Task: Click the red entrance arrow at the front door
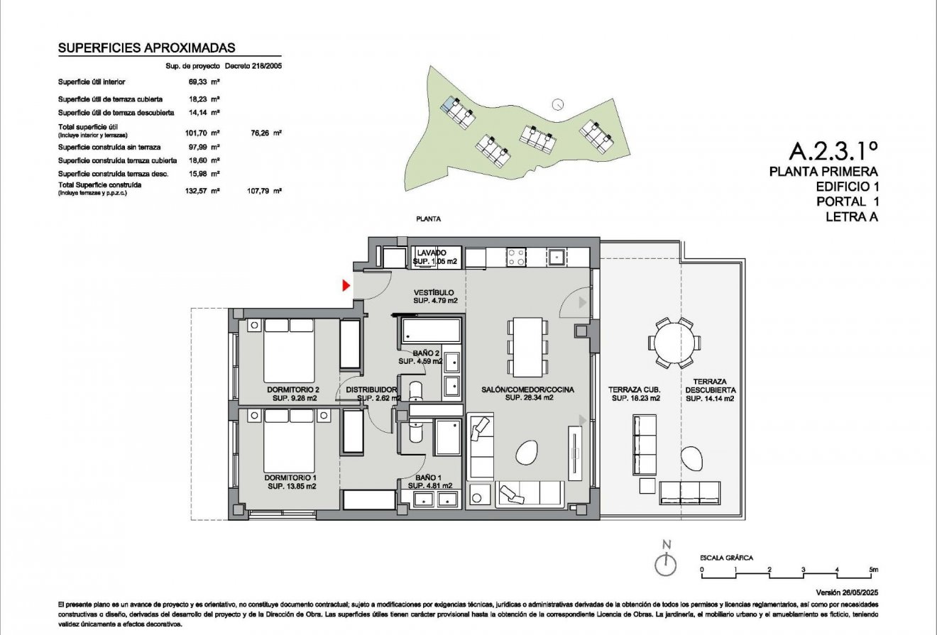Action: [346, 285]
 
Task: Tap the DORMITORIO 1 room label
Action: [292, 477]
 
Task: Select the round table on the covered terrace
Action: [674, 343]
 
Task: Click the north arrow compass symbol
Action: [665, 565]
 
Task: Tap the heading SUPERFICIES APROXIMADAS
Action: [146, 48]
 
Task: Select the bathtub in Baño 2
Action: [430, 331]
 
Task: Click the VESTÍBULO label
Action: [434, 292]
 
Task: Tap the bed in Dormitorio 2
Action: [290, 351]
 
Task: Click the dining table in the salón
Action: [527, 346]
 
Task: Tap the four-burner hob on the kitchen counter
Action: [516, 256]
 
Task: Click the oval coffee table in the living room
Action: [527, 452]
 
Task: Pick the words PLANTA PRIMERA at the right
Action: [823, 171]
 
